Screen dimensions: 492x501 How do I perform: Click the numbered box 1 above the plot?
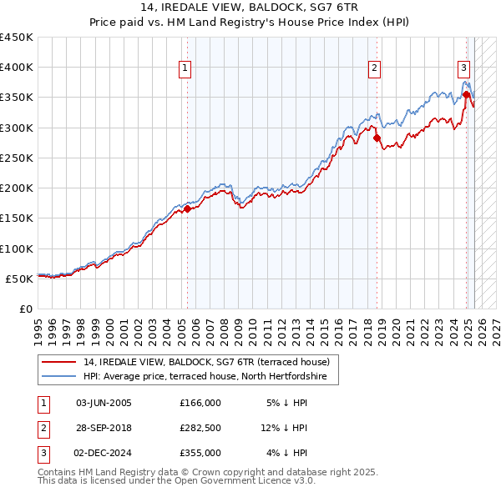[x=184, y=69]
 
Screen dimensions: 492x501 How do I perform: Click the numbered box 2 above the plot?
[x=375, y=69]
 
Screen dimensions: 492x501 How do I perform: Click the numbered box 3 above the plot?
[x=463, y=69]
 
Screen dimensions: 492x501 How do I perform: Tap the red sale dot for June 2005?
[x=187, y=209]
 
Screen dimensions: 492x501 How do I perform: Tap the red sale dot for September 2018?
[x=377, y=138]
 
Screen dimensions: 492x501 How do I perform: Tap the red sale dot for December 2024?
[x=466, y=95]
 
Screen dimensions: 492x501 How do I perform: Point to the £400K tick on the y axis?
[x=18, y=68]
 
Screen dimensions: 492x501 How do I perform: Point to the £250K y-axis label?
[x=18, y=158]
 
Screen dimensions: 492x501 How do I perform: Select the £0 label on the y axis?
[x=25, y=309]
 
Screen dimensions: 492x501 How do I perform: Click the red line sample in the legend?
[x=58, y=362]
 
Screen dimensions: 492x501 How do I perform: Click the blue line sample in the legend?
[x=58, y=377]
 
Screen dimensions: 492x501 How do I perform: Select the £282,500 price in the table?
[x=200, y=428]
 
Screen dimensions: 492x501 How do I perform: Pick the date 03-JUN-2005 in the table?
[x=104, y=403]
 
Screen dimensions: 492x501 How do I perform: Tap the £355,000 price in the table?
[x=200, y=453]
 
